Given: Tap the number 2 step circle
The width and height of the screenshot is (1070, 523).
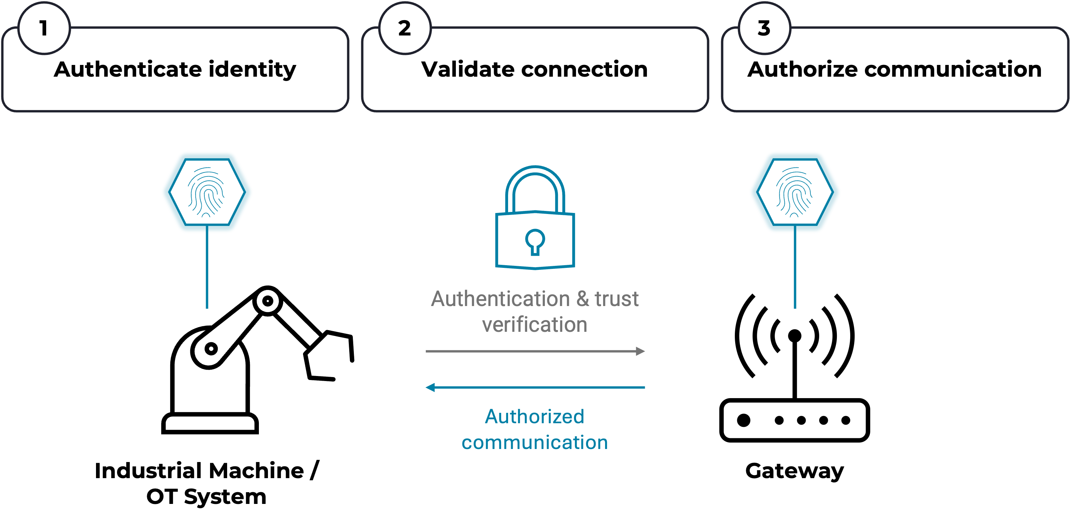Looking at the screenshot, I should pos(405,28).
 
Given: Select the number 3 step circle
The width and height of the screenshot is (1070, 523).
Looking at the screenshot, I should pos(764,28).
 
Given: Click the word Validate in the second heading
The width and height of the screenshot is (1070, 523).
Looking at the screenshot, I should pos(467,69).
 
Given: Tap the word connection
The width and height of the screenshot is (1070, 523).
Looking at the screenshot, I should pos(584,69).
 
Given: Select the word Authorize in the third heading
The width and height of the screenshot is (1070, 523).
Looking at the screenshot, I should pos(802,69).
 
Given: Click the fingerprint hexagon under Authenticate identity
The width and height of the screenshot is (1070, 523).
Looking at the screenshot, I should pos(207,192).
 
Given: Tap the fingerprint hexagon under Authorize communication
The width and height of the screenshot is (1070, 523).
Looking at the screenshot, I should pos(795,192).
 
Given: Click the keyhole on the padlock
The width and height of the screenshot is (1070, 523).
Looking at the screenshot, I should pos(535,241).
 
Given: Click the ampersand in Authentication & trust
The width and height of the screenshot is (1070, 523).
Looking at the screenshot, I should pos(582,299).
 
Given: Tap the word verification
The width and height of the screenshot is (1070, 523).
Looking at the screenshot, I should pos(534,325).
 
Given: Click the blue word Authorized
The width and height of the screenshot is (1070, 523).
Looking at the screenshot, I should pos(534,417).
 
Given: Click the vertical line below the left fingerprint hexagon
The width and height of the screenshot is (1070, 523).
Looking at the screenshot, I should pos(207,270).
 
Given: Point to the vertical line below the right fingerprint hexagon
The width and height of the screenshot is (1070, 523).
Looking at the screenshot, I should pos(795,270).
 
